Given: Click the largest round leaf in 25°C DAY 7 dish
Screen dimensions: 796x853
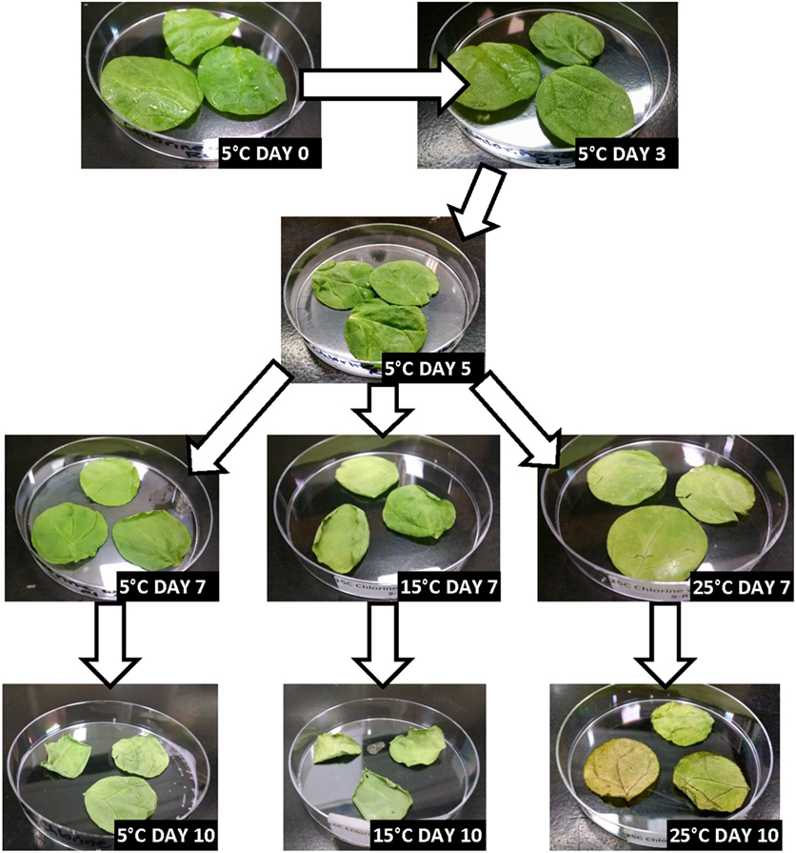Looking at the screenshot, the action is [x=657, y=541].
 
